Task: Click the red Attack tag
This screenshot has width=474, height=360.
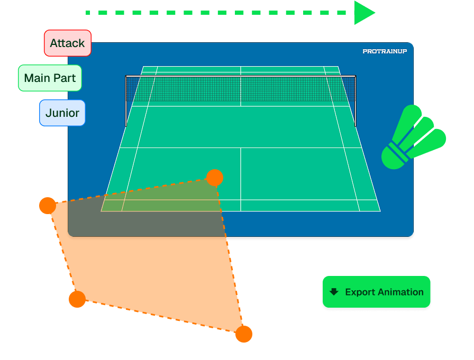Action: [x=68, y=43]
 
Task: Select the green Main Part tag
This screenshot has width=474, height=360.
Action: [x=50, y=78]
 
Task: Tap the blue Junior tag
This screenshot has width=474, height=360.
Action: [x=62, y=113]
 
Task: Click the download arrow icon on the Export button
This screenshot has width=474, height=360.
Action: [x=334, y=292]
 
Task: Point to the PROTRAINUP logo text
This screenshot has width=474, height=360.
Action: [x=385, y=51]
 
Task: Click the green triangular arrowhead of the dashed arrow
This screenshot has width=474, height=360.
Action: [x=364, y=13]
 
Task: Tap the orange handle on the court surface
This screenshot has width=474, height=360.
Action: [x=215, y=178]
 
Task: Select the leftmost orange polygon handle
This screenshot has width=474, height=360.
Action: [x=48, y=206]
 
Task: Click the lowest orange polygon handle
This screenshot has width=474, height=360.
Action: [x=244, y=334]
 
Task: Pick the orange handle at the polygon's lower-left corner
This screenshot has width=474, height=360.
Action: [x=77, y=299]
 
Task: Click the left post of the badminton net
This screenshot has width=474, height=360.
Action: [x=126, y=101]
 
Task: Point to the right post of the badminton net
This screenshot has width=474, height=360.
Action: [x=355, y=101]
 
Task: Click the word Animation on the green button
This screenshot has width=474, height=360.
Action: [x=400, y=292]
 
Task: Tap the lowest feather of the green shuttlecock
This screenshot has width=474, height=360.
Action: [x=427, y=143]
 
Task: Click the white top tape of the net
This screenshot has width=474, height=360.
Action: [x=241, y=76]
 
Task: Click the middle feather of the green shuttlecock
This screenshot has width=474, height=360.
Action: [x=418, y=132]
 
